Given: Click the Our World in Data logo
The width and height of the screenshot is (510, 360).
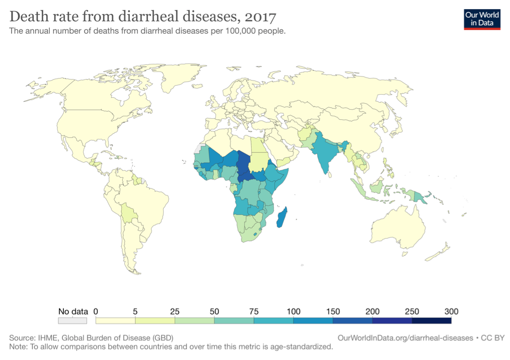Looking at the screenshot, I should coord(482,19).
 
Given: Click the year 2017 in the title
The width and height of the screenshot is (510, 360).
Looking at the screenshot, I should coord(259,17).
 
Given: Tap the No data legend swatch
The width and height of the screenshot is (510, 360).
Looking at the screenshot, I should coord(72,320).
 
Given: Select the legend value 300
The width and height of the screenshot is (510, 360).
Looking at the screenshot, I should coord(451,311).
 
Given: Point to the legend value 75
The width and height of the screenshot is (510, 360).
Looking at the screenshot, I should coord(254,311).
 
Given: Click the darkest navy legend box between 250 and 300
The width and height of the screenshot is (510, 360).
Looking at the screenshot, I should coord(431,320).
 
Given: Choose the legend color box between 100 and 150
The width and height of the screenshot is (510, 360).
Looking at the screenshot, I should coord(313,320).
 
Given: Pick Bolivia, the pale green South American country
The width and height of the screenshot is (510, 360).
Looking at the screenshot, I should coord(129,214).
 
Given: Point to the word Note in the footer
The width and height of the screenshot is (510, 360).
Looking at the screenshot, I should coord(18,347).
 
